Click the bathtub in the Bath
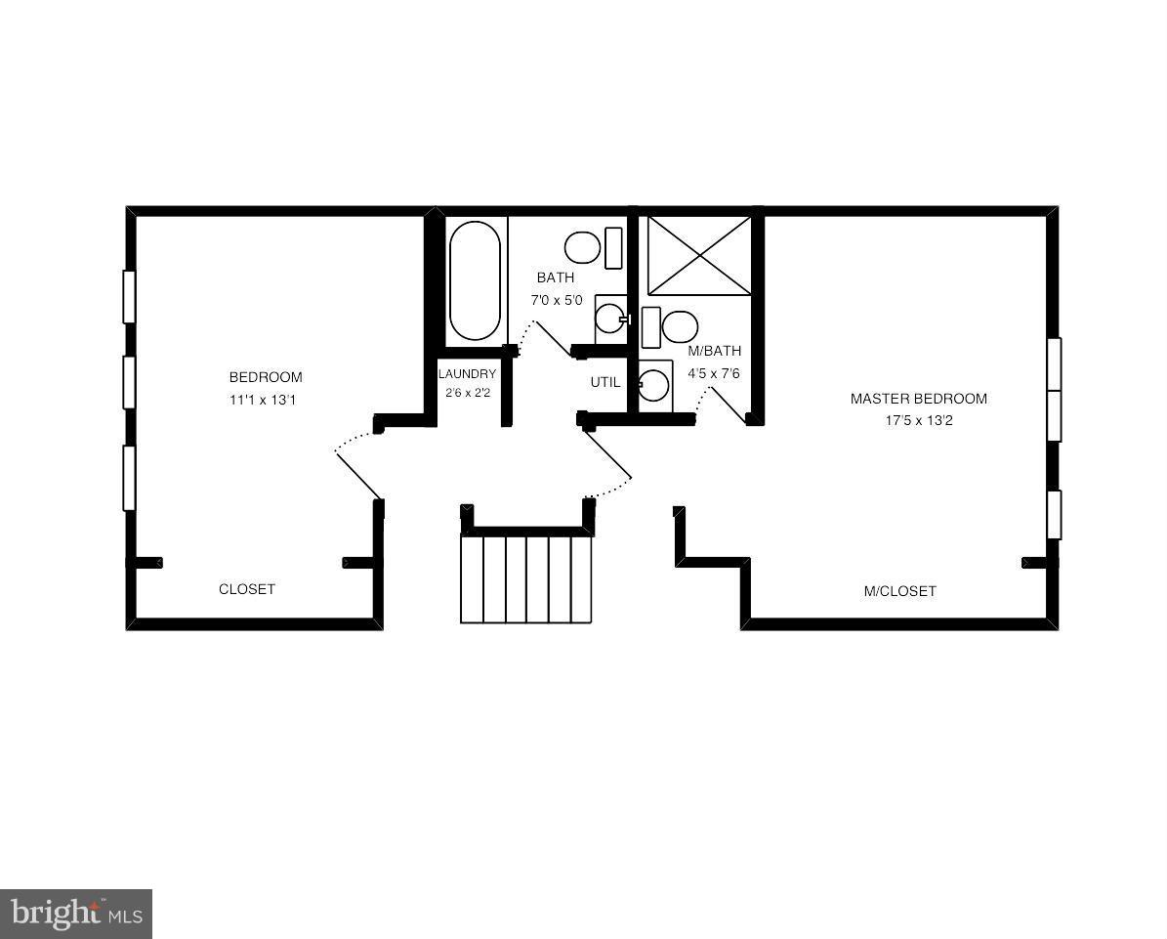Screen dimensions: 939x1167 476,281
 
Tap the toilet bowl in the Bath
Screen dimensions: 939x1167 583,247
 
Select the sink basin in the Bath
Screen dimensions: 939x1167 609,318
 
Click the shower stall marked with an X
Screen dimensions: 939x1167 699,255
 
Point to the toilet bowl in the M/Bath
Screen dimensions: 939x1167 680,327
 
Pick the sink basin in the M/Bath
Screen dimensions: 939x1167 653,386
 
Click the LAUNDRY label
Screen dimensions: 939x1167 467,374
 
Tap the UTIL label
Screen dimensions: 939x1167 604,382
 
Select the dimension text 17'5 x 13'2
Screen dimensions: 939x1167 919,421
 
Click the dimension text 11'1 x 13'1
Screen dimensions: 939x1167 266,400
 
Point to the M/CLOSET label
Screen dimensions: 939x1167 899,591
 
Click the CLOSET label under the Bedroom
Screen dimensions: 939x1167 247,589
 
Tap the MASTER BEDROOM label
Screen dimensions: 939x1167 918,399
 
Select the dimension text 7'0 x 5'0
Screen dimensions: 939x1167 557,300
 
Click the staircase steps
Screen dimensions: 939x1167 526,578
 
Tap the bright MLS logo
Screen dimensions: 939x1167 76,915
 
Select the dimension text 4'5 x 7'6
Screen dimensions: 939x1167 715,372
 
